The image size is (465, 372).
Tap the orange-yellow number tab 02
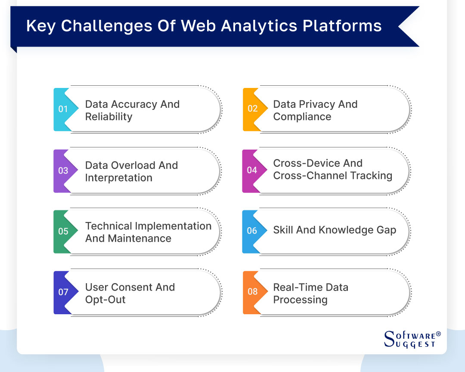click(x=252, y=109)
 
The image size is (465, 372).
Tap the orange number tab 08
click(x=252, y=292)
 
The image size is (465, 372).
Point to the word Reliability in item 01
click(x=108, y=117)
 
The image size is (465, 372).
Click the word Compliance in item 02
click(x=302, y=117)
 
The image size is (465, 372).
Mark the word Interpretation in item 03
click(x=118, y=178)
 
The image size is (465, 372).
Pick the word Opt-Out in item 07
click(x=105, y=300)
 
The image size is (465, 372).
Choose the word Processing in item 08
click(x=300, y=300)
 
